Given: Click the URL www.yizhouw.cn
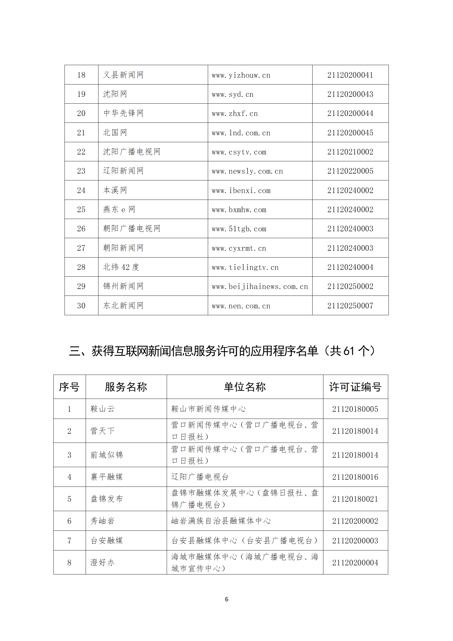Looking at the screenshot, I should [241, 75].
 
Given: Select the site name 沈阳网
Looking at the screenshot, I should [115, 94].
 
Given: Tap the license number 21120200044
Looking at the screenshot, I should [350, 113].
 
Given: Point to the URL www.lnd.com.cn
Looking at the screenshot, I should [241, 133].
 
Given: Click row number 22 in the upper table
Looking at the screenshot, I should [81, 152].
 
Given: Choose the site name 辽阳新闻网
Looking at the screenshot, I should [123, 171].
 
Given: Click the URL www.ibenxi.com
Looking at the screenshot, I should [241, 190].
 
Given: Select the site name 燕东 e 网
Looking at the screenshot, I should [119, 210].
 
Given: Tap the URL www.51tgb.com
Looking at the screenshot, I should [239, 229].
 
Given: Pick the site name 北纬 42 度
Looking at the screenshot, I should [121, 267].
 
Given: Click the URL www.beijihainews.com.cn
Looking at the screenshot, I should [259, 286].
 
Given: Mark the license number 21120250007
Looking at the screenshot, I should [350, 306].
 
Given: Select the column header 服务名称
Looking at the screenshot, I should [126, 387].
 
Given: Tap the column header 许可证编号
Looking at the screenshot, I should [355, 387].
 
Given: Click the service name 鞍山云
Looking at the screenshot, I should [102, 409].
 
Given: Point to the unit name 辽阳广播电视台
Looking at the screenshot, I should [200, 477].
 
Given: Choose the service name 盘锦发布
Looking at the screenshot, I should [106, 499].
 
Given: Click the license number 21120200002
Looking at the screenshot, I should [355, 521].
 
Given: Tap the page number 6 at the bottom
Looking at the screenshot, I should [226, 599].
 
